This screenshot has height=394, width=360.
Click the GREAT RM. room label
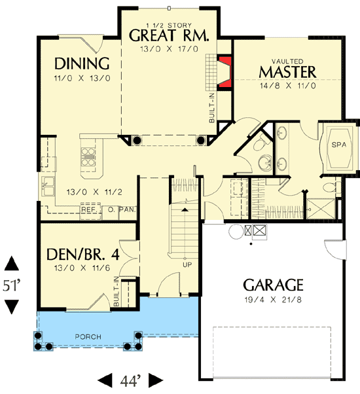[169, 35]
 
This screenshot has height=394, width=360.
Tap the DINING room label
[81, 63]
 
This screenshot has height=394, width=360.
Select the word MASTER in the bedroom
[287, 71]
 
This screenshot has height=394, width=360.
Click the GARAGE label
[274, 285]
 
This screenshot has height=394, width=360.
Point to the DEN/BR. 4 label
[77, 254]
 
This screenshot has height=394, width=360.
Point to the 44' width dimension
[129, 380]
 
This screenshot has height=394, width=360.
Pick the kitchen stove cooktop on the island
[88, 158]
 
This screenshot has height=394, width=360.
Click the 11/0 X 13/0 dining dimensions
[81, 78]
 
